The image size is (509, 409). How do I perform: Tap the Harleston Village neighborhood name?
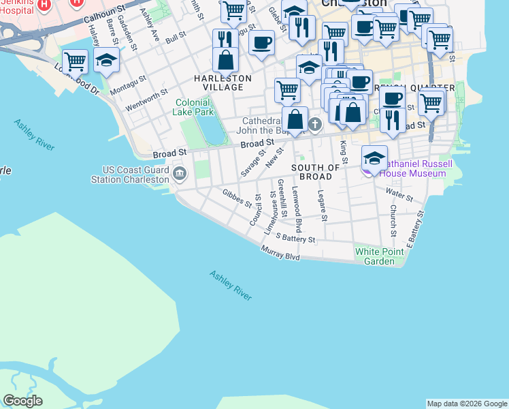tap(223, 82)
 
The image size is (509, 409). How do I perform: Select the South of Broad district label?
tap(316, 172)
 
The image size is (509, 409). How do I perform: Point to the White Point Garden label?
tap(374, 256)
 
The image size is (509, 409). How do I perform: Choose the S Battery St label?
tap(295, 238)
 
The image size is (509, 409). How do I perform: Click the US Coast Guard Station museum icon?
tap(180, 172)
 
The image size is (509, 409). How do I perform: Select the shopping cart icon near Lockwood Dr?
tap(75, 62)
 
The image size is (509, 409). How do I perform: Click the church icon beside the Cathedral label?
tap(314, 124)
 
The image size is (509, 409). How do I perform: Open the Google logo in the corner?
tap(22, 401)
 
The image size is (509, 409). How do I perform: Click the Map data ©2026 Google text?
tap(467, 404)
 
